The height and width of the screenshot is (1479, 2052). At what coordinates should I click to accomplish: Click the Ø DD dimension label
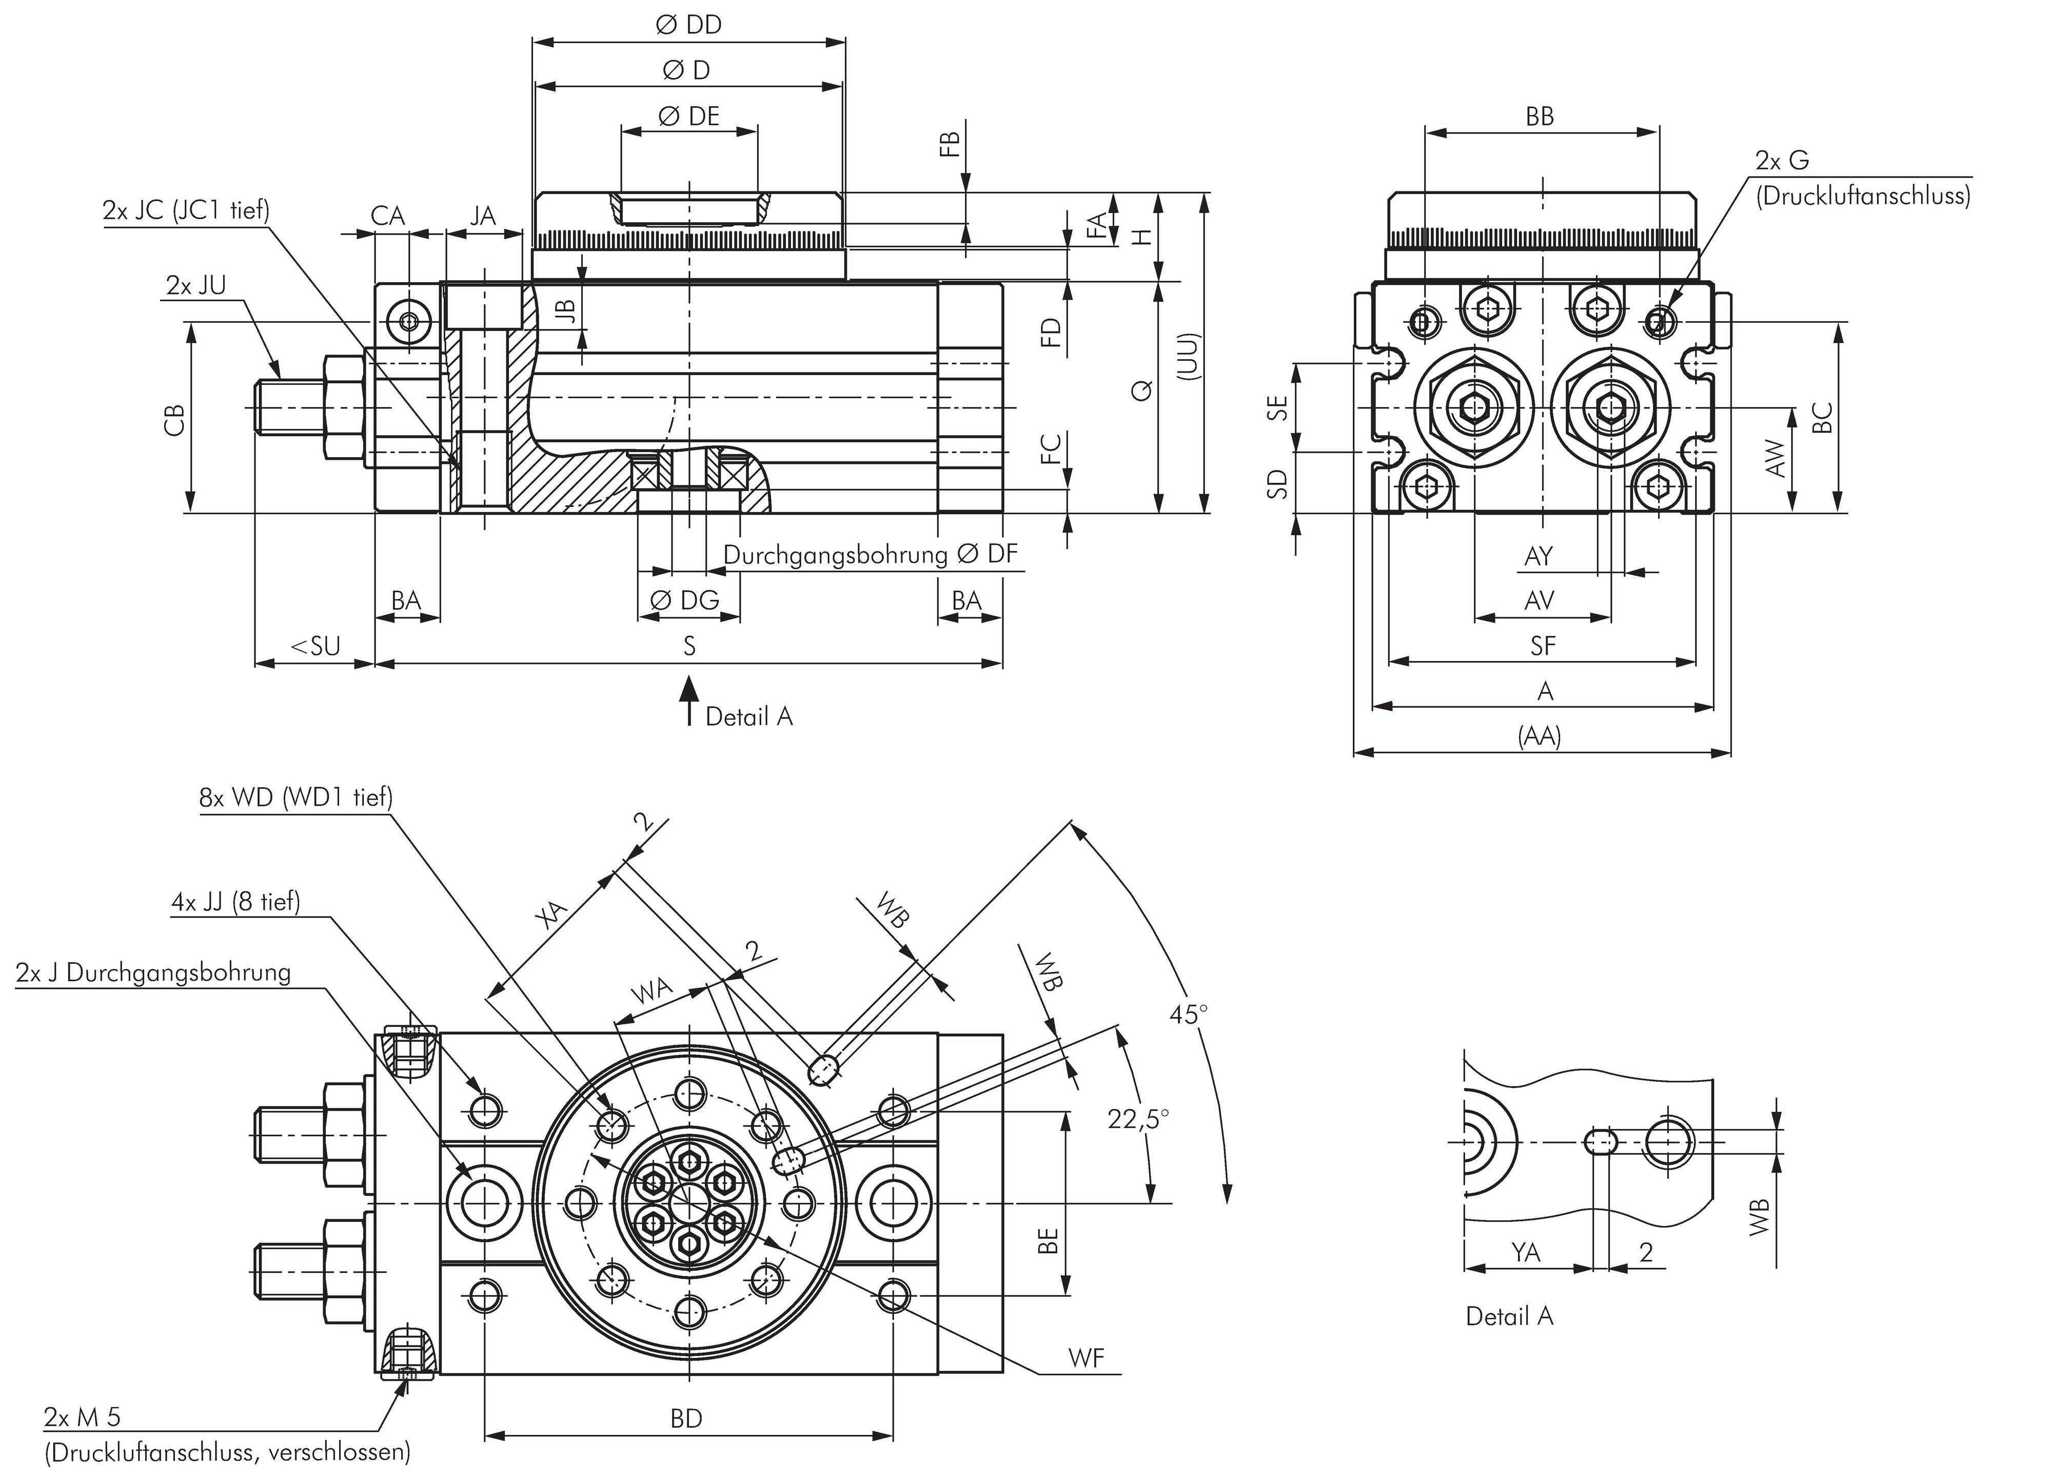688,25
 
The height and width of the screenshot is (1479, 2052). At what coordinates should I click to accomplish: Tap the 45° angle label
1189,1015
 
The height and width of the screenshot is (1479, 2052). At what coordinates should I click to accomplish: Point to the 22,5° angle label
1138,1120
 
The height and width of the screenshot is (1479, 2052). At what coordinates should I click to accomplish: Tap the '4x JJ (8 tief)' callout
235,902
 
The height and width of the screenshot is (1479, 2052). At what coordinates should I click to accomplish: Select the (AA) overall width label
1540,736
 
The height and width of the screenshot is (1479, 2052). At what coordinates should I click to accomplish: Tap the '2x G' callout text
1782,161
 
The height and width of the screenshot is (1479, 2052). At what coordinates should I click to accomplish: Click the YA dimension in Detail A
1526,1253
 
